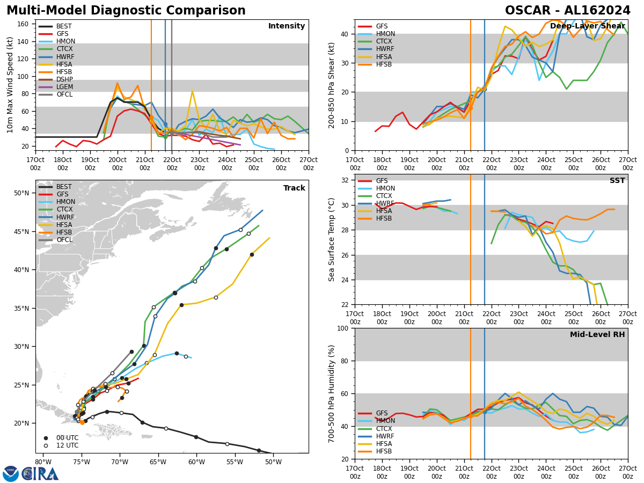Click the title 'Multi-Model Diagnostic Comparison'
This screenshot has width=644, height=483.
(126, 11)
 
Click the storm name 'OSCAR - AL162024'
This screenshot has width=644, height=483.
(568, 11)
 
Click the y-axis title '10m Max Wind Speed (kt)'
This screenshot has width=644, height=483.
(11, 85)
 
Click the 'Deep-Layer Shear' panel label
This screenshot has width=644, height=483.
(587, 26)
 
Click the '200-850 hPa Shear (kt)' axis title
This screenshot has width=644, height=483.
(332, 85)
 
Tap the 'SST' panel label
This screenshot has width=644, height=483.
(617, 181)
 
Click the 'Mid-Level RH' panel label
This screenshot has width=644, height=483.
(597, 335)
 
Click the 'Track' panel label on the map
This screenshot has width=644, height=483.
(294, 188)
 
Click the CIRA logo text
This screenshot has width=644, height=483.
(40, 473)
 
